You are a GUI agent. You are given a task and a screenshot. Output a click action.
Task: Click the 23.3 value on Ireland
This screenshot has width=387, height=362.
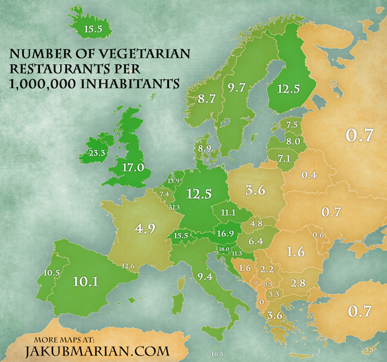click(x=95, y=153)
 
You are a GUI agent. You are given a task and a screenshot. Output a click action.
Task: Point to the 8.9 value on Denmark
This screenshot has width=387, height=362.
click(x=205, y=148)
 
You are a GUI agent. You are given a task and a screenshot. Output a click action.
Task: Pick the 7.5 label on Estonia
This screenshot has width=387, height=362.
click(x=292, y=125)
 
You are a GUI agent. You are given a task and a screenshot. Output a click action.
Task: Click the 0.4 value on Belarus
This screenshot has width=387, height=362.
click(x=308, y=175)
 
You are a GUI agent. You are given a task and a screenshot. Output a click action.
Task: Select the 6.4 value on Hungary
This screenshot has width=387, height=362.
click(x=255, y=242)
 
